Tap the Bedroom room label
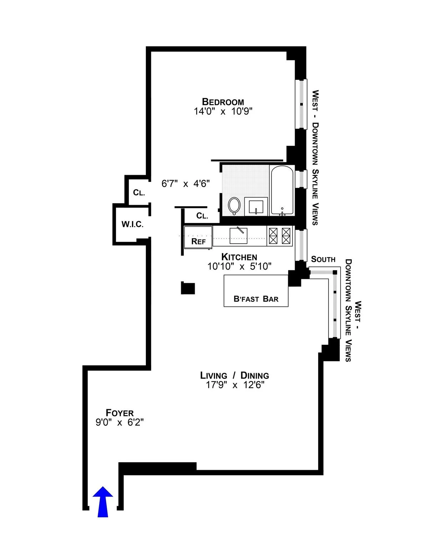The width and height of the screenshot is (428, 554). [223, 102]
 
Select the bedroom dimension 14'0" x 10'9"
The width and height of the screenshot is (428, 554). [223, 111]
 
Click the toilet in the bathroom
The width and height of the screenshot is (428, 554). [234, 206]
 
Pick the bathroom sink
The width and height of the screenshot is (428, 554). [256, 206]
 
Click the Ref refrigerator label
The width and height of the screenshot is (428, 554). [198, 242]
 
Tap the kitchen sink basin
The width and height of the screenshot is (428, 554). [238, 236]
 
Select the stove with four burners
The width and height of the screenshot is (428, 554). [280, 236]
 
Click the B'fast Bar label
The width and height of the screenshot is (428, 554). [256, 299]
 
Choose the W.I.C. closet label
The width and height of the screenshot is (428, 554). [132, 224]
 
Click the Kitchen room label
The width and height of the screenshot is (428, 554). [239, 257]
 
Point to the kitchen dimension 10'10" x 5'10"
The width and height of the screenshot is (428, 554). [239, 266]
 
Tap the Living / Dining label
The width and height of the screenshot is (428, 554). [234, 375]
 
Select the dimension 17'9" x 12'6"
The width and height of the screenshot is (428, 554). [235, 385]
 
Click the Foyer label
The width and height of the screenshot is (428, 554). [119, 413]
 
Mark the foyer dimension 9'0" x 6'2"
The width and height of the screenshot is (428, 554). [119, 422]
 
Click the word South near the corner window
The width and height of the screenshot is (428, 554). [323, 259]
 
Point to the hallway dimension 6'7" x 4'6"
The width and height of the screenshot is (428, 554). [185, 184]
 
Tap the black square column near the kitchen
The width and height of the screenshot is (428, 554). [188, 288]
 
